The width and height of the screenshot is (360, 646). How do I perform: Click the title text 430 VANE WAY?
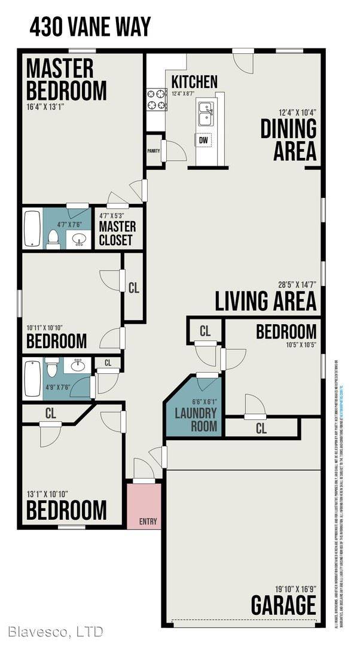90,28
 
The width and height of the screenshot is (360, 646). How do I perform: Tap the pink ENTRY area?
144,506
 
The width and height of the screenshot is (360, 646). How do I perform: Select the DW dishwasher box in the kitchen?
203,139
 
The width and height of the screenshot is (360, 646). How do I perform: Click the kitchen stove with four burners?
157,99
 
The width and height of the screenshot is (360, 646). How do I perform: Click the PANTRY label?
153,151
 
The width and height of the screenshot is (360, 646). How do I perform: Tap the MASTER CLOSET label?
117,234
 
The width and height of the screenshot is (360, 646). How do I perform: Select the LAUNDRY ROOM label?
191,419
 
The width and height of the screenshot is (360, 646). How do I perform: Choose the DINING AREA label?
288,140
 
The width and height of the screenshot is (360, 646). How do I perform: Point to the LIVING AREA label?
266,301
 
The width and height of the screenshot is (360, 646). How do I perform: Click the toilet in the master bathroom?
53,239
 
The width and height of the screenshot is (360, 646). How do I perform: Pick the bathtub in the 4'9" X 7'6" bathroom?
31,379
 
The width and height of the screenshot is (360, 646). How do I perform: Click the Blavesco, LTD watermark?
56,631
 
